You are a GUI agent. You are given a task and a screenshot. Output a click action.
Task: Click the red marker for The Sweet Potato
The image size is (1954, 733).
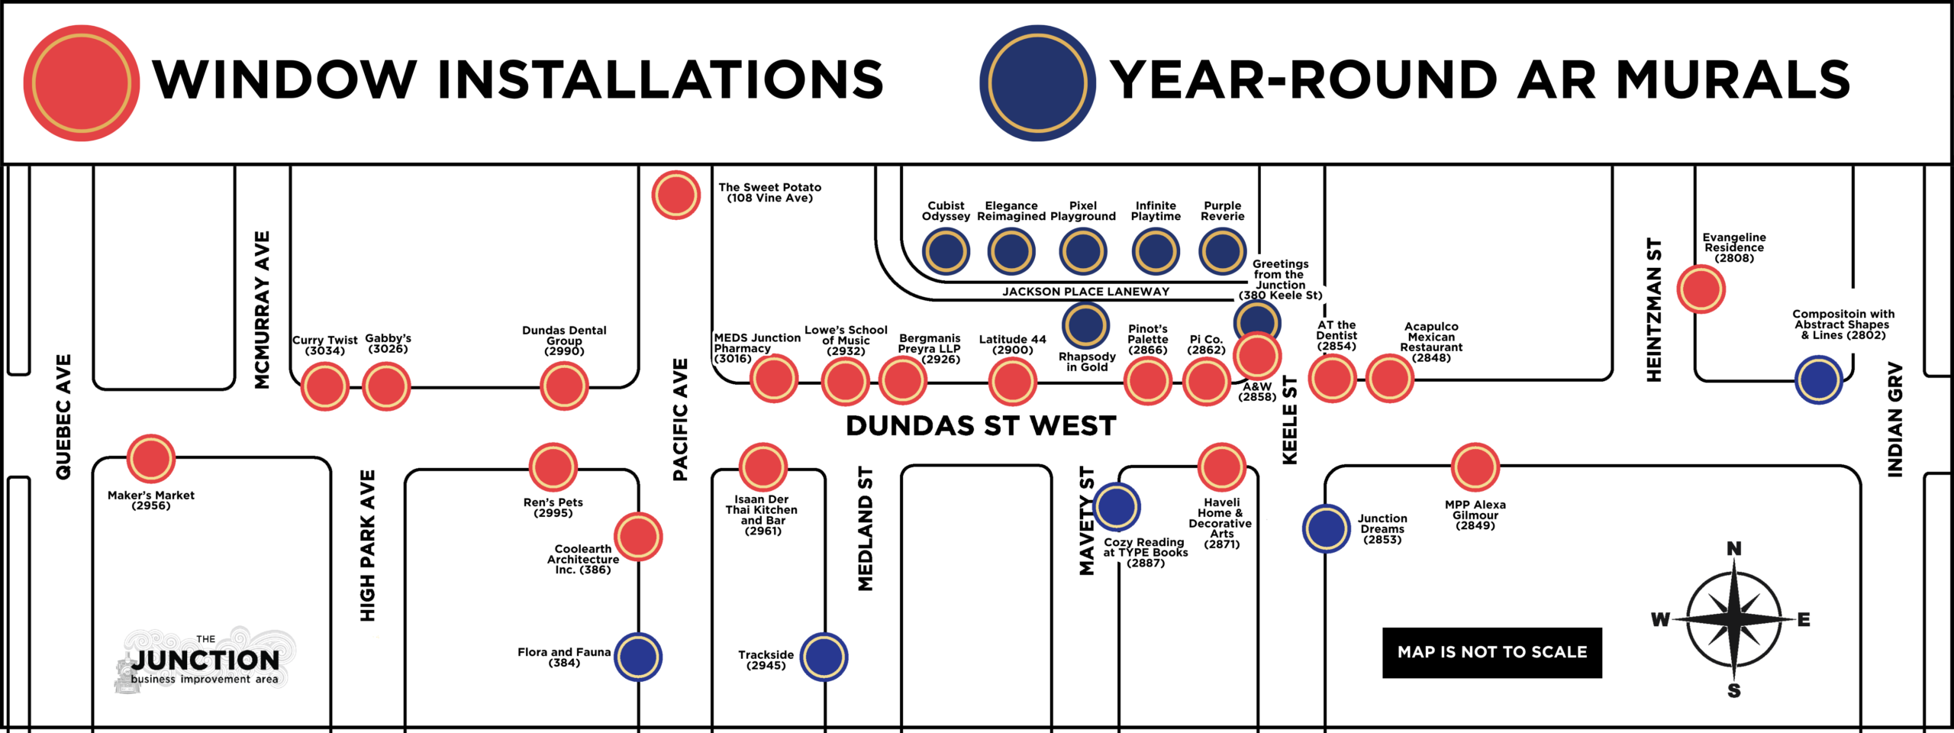676,195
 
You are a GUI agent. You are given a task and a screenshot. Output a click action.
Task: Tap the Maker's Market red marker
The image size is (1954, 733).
151,458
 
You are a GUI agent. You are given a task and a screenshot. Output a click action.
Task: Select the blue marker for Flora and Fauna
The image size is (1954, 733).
638,657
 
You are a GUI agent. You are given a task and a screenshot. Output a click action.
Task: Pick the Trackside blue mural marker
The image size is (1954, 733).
824,657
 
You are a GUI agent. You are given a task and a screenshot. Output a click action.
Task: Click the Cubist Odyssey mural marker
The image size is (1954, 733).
946,251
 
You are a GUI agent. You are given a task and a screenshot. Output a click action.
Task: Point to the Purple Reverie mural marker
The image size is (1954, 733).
1223,251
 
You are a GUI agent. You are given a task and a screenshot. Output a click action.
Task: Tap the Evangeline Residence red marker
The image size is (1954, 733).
1701,289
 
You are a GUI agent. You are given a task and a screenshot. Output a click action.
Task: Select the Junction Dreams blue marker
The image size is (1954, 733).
1327,528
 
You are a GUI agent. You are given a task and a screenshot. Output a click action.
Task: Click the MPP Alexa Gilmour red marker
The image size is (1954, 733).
1475,467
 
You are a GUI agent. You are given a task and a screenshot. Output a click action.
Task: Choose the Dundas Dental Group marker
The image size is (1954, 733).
564,386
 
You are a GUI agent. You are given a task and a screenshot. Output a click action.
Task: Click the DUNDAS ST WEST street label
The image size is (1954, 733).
981,426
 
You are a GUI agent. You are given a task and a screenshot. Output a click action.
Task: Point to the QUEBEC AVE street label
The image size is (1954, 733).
63,417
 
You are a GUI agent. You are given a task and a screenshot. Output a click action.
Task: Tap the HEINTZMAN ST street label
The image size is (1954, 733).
1654,310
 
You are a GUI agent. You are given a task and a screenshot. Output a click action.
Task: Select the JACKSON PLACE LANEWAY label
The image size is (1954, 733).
1085,292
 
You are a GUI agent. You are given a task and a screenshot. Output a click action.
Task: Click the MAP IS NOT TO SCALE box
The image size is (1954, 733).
1492,653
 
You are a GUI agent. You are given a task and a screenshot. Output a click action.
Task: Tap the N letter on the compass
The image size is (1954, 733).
1734,548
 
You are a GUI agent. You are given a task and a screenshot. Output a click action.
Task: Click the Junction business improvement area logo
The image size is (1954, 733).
205,660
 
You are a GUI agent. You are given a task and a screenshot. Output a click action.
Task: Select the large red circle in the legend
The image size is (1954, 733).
82,83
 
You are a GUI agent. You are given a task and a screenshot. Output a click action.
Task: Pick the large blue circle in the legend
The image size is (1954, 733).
1038,83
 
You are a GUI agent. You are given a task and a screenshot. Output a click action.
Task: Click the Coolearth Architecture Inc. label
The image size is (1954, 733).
583,560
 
